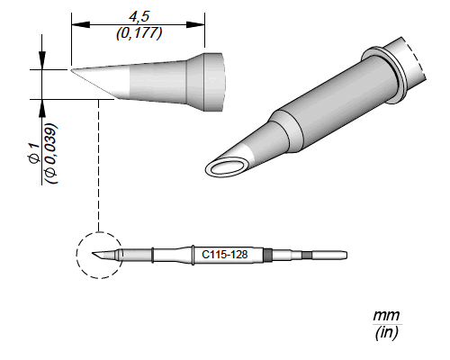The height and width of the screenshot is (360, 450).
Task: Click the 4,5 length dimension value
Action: pos(139,17)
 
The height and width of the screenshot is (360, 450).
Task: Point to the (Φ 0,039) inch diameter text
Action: pos(50,153)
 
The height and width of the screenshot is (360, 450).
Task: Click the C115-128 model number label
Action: pos(225,255)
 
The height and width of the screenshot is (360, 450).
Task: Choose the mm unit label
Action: pos(386,316)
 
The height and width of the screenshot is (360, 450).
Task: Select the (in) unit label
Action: pos(386,332)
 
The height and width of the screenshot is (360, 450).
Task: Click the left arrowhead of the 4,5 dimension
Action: pos(81,24)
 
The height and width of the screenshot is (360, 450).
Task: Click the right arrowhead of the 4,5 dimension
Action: pos(195,24)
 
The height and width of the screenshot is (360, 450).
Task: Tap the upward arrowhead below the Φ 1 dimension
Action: pos(42,108)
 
